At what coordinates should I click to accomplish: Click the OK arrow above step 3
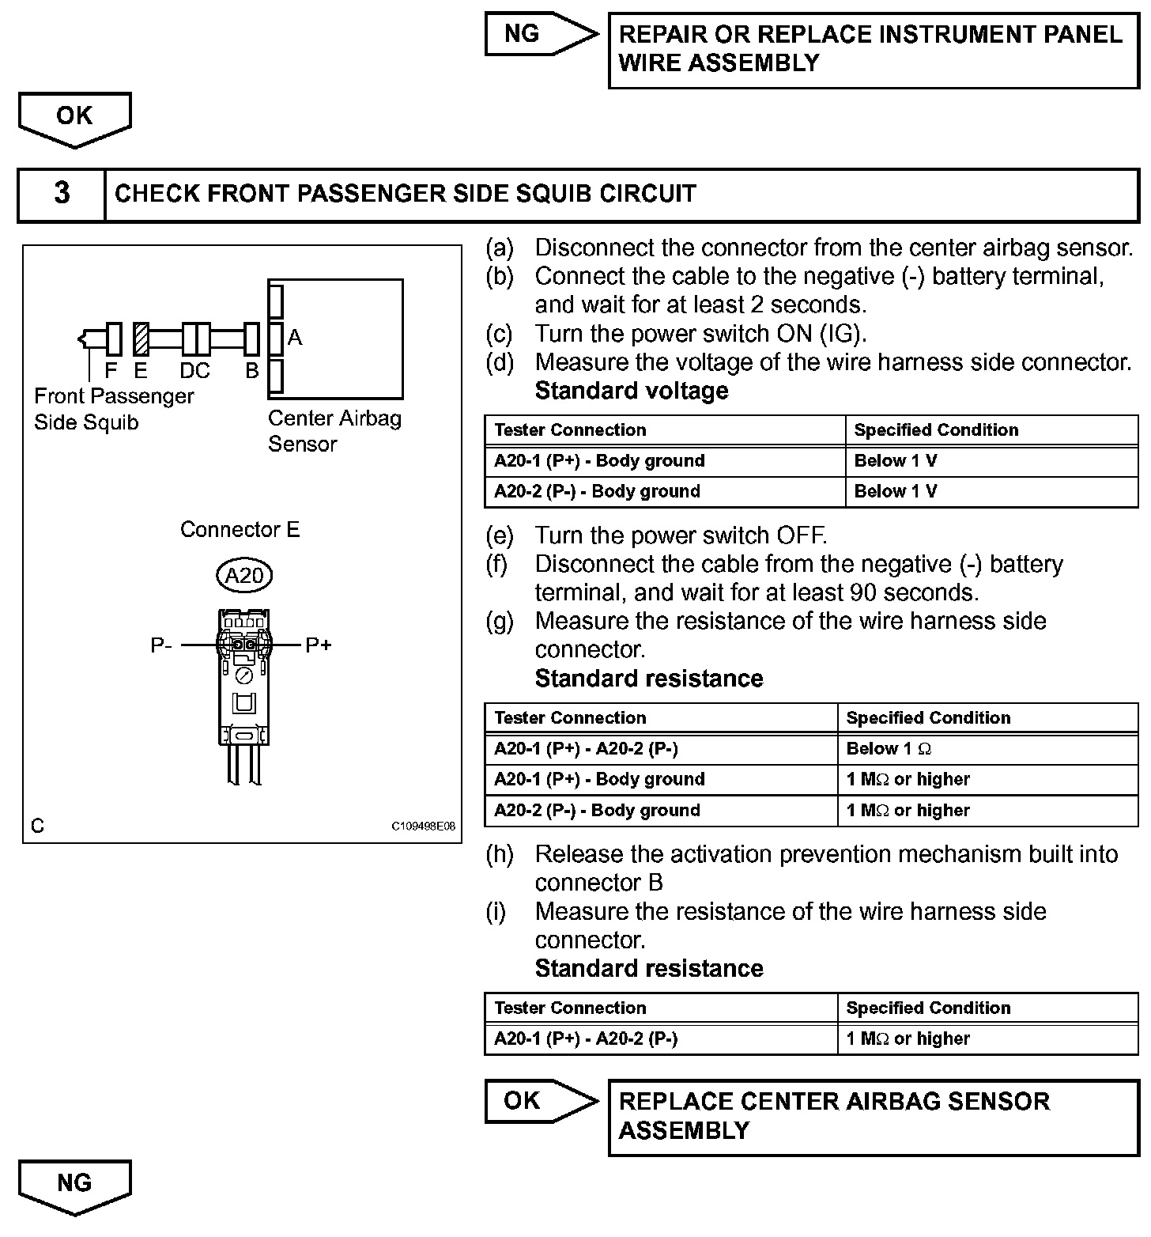pyautogui.click(x=74, y=119)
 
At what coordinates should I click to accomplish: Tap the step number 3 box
pyautogui.click(x=62, y=194)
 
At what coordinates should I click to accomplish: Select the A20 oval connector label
pyautogui.click(x=244, y=576)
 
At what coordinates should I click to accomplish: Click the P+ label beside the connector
pyautogui.click(x=318, y=645)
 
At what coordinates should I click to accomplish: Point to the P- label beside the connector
pyautogui.click(x=161, y=645)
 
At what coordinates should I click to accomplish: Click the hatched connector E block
pyautogui.click(x=141, y=339)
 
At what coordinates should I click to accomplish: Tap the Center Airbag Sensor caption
pyautogui.click(x=334, y=431)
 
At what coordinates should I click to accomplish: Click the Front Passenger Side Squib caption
pyautogui.click(x=113, y=409)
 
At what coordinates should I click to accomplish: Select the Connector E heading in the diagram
pyautogui.click(x=240, y=529)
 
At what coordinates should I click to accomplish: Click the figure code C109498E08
pyautogui.click(x=424, y=826)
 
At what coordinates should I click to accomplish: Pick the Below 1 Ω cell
pyautogui.click(x=889, y=749)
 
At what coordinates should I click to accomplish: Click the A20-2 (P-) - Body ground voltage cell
pyautogui.click(x=597, y=491)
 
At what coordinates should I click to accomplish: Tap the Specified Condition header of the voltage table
pyautogui.click(x=936, y=430)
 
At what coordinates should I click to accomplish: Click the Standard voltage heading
pyautogui.click(x=631, y=391)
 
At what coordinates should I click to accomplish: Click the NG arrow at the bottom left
pyautogui.click(x=74, y=1186)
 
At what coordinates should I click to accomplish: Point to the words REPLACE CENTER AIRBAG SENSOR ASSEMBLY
pyautogui.click(x=833, y=1116)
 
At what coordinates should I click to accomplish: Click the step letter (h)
pyautogui.click(x=500, y=854)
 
